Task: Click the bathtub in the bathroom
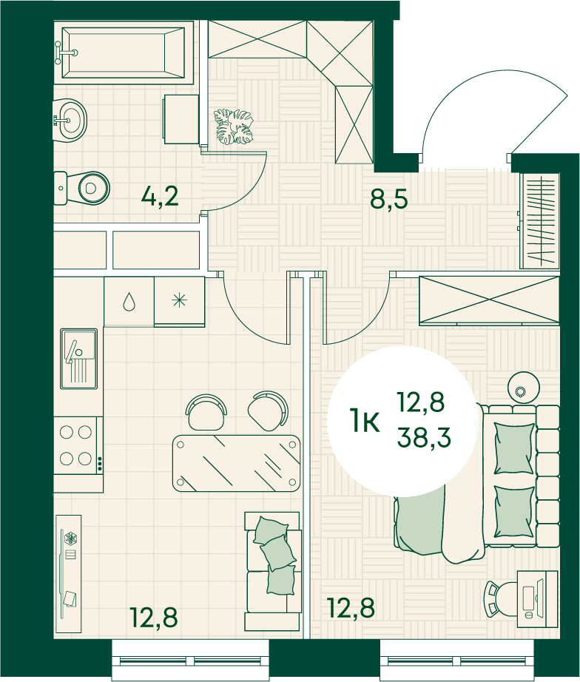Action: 123,53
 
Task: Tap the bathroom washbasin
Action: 70,120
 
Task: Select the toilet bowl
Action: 82,189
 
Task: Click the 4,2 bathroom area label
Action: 160,197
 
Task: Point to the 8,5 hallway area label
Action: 388,199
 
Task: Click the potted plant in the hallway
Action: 234,127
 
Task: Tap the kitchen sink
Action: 78,359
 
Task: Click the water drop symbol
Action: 129,301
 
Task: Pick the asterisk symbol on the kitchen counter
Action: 179,300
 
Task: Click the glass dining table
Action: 237,463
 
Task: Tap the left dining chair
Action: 206,411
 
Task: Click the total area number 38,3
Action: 423,437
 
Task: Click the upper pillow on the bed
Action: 514,448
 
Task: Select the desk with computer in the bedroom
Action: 537,599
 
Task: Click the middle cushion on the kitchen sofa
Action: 278,553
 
